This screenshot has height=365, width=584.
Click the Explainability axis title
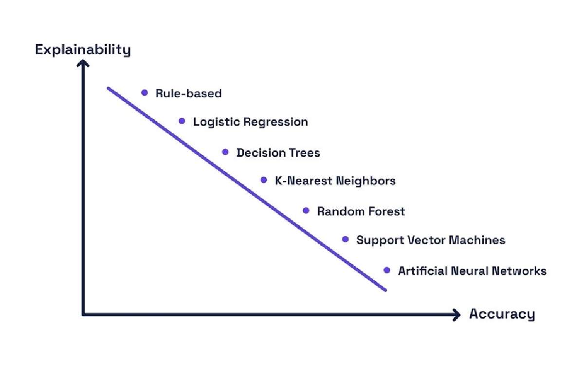tap(83, 50)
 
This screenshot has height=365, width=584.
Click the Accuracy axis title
tap(502, 314)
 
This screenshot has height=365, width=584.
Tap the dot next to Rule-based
tap(145, 92)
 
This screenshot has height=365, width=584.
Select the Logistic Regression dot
tap(182, 121)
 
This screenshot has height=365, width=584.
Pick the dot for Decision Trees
tap(225, 152)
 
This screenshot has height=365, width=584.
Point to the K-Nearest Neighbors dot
tap(264, 180)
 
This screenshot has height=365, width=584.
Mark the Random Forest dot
tap(306, 210)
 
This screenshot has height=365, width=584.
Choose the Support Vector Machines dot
tap(346, 239)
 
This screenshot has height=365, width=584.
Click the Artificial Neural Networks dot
tap(387, 270)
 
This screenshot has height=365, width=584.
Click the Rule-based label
tap(188, 93)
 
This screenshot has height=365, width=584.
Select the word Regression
tap(275, 122)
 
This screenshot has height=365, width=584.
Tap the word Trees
tap(304, 153)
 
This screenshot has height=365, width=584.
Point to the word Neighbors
tap(365, 181)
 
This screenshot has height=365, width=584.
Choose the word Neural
tap(469, 271)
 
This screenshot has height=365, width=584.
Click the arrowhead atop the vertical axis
tap(83, 63)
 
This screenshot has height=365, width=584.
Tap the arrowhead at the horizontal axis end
tap(456, 315)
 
